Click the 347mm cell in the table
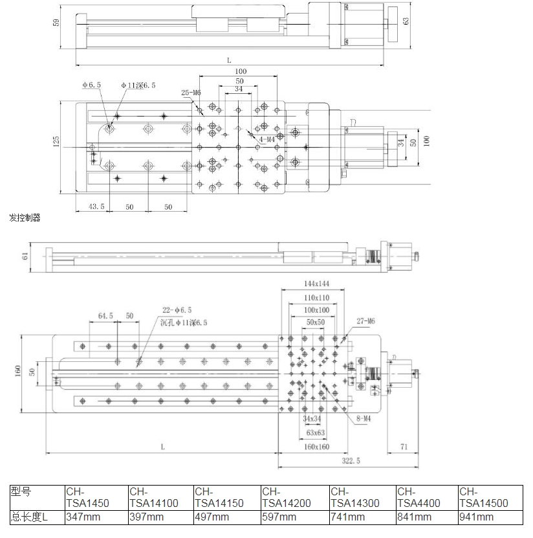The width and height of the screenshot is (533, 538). [x=82, y=517]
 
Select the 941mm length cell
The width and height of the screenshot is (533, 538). [x=475, y=517]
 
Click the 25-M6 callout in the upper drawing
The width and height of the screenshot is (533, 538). [x=192, y=93]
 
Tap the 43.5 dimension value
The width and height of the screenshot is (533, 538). [x=96, y=207]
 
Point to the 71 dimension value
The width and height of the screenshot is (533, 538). [x=404, y=447]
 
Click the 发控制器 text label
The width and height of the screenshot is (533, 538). [x=25, y=218]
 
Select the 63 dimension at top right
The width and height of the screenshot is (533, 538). [x=406, y=21]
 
